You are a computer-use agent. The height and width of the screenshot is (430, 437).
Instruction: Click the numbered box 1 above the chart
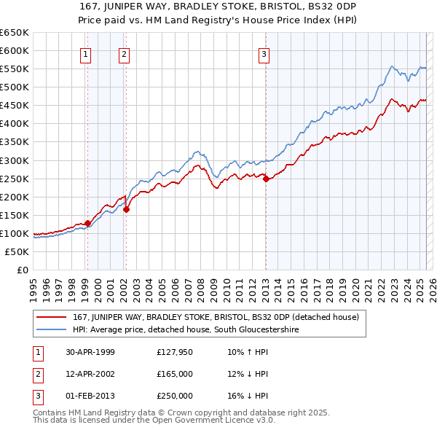(x=86, y=53)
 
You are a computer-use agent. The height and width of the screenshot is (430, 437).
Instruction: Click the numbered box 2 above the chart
(x=125, y=53)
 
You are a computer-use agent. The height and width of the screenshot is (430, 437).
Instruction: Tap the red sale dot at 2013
(x=266, y=179)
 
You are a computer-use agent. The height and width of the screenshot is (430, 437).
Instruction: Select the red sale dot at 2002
(x=126, y=209)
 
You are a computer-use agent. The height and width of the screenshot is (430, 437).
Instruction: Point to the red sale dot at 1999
(x=87, y=223)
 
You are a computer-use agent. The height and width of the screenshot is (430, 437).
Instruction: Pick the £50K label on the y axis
(x=17, y=251)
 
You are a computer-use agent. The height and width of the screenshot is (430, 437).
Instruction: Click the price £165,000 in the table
(x=175, y=374)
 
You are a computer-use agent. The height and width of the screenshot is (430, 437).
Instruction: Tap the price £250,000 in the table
(x=175, y=396)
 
